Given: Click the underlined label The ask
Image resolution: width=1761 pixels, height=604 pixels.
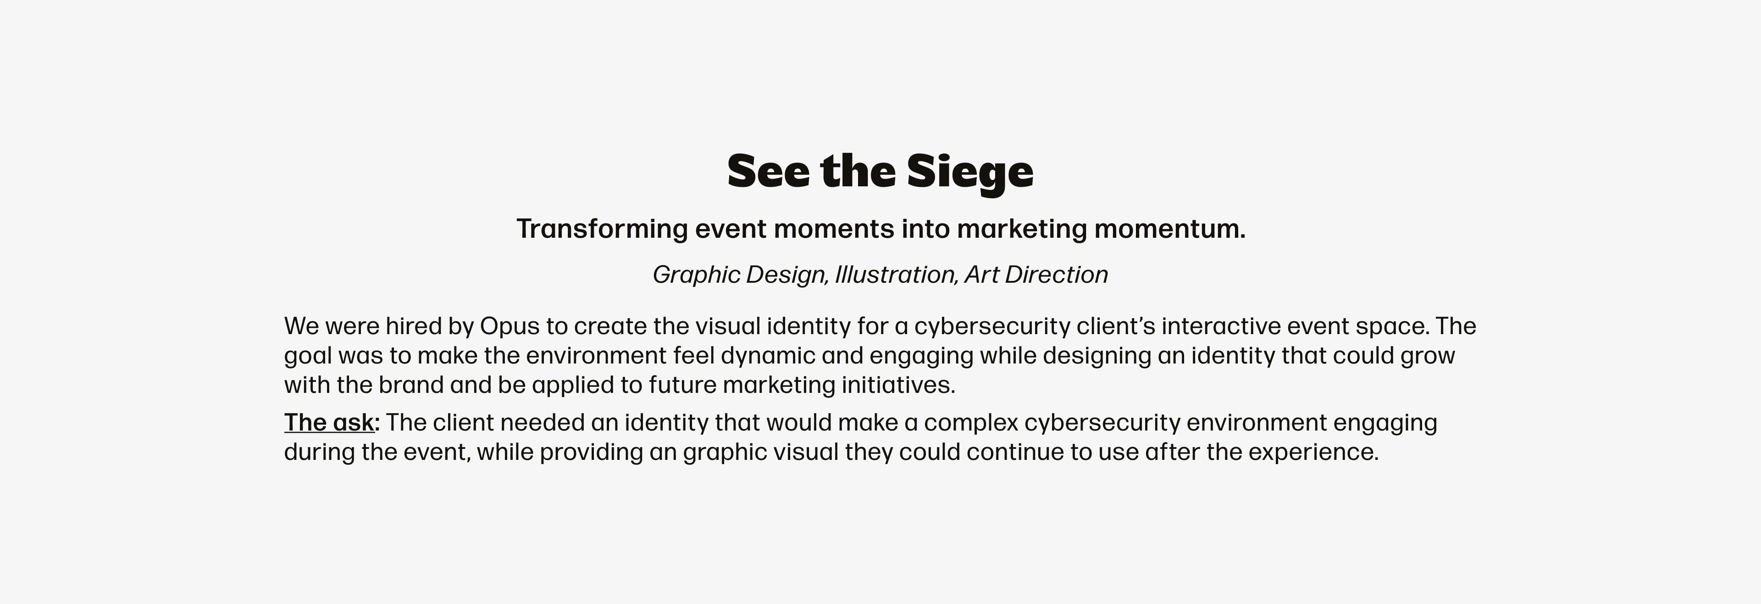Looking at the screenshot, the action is pos(330,423).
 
